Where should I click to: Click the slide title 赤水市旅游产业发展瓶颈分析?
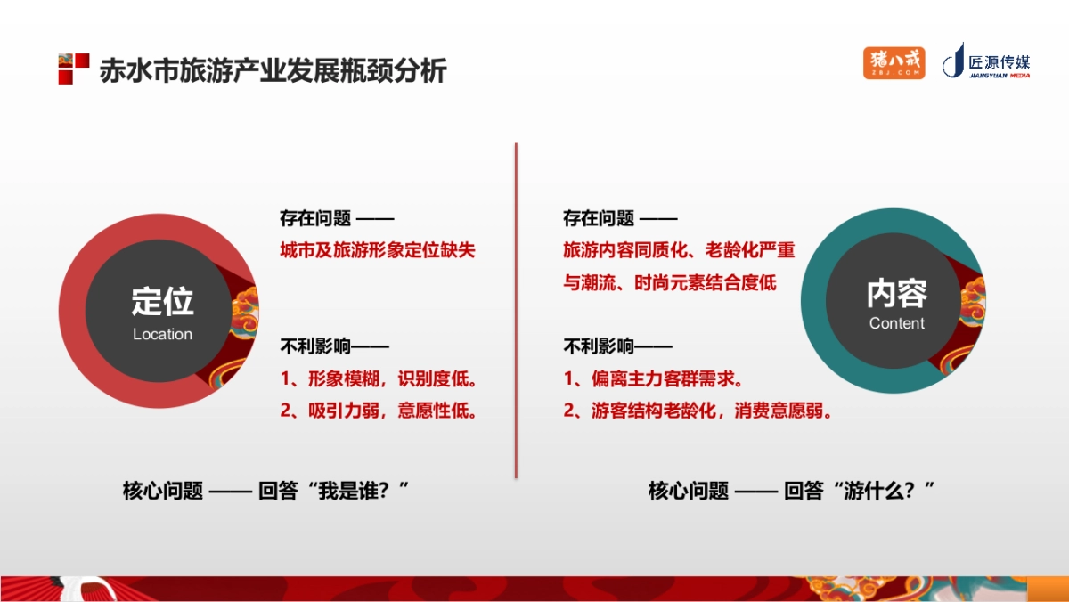coord(273,70)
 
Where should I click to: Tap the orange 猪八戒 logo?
coord(894,62)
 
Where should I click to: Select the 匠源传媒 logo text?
coord(998,62)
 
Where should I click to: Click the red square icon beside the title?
coord(73,69)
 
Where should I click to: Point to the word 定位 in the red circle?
coord(162,301)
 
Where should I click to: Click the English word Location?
coord(162,335)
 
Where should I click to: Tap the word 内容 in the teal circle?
coord(896,293)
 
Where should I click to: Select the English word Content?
coord(896,323)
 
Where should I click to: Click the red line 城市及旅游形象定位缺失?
coord(378,250)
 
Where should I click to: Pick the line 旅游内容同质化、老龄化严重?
coord(679,250)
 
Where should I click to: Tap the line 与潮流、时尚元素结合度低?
coord(670,283)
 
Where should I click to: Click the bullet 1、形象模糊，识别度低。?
coord(379,379)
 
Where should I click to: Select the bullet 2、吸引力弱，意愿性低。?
coord(379,411)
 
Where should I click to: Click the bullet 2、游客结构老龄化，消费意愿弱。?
coord(698,411)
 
